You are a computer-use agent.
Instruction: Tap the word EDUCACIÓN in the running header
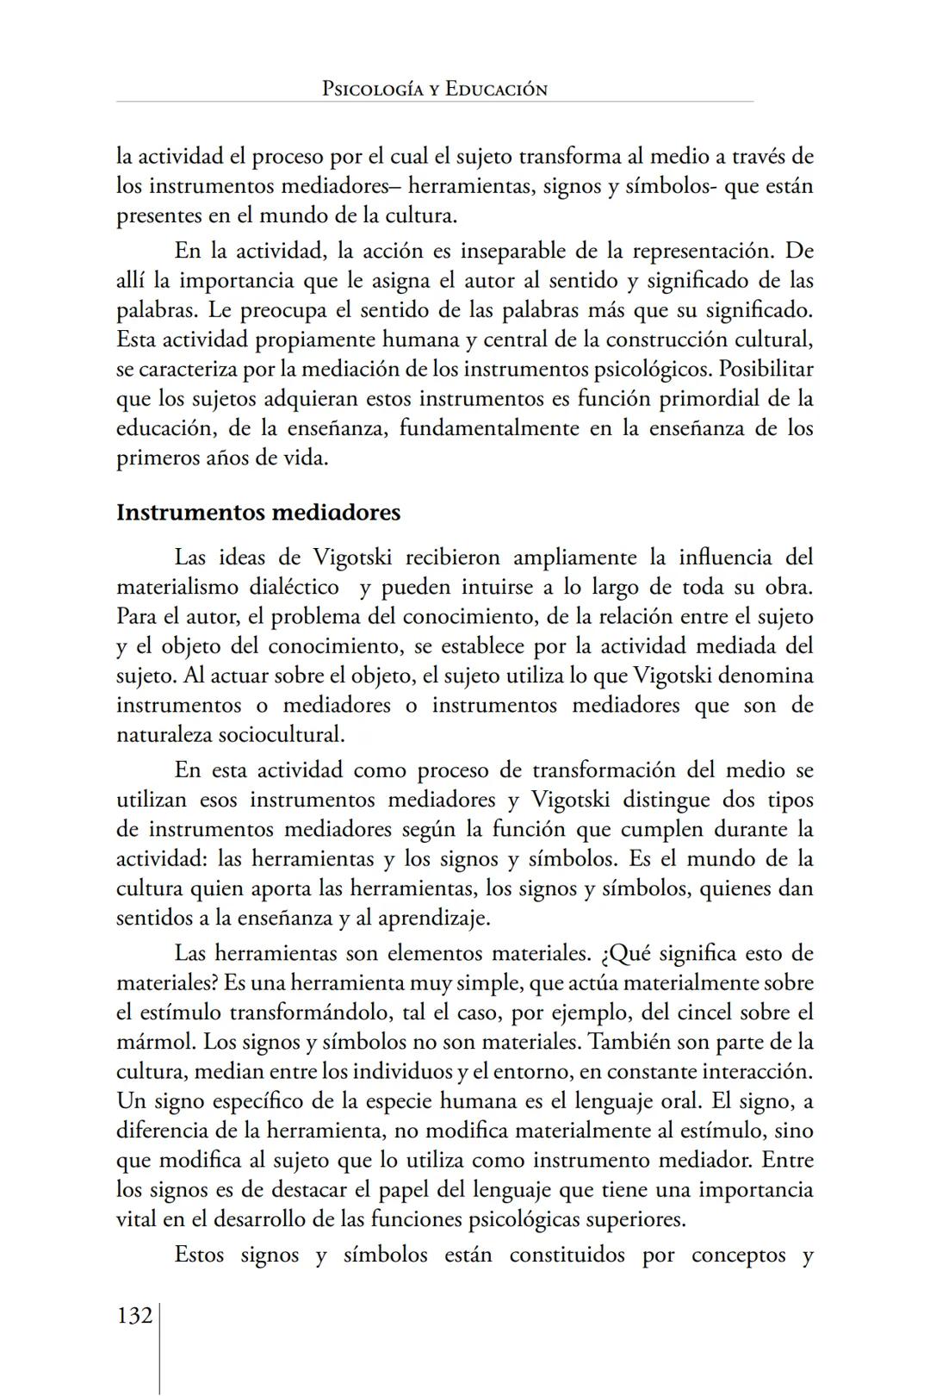[x=496, y=89]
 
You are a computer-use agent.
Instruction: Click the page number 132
[x=134, y=1316]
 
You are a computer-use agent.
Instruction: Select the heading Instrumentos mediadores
[x=258, y=512]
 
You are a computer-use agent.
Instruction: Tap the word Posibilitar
[x=766, y=369]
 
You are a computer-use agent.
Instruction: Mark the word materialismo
[x=177, y=587]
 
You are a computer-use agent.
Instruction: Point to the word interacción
[x=756, y=1071]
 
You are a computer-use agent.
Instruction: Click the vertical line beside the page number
[x=160, y=1344]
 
